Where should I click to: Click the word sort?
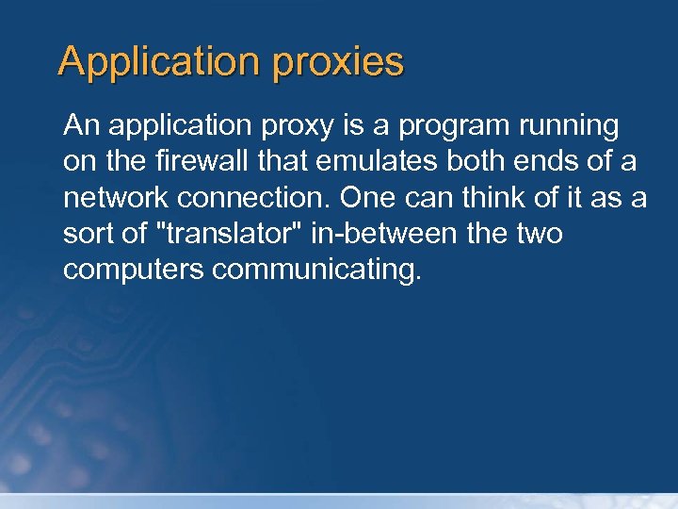89,233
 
